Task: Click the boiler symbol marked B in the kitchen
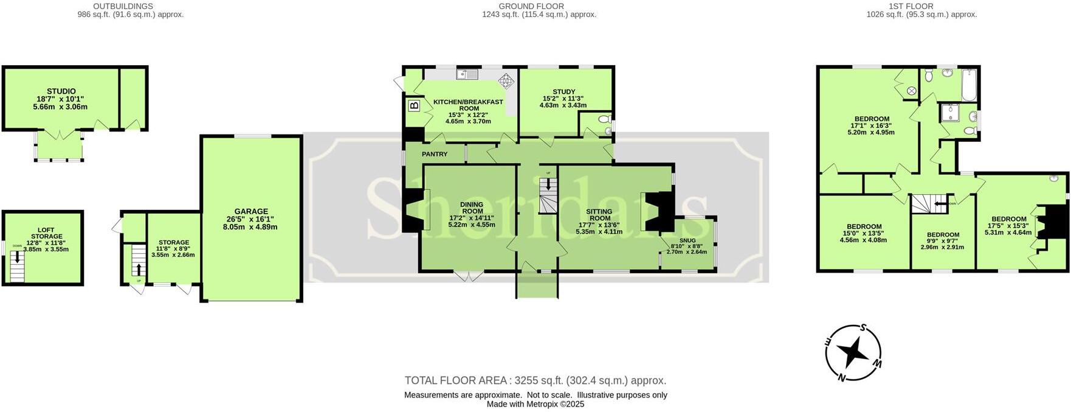(x=414, y=106)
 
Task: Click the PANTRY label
(x=435, y=155)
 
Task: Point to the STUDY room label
(x=563, y=92)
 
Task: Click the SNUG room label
(x=687, y=240)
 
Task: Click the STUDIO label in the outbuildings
(x=61, y=91)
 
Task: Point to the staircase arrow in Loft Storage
(x=17, y=257)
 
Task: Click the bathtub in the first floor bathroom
(x=969, y=86)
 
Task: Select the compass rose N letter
(x=842, y=377)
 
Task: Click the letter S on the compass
(x=863, y=327)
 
